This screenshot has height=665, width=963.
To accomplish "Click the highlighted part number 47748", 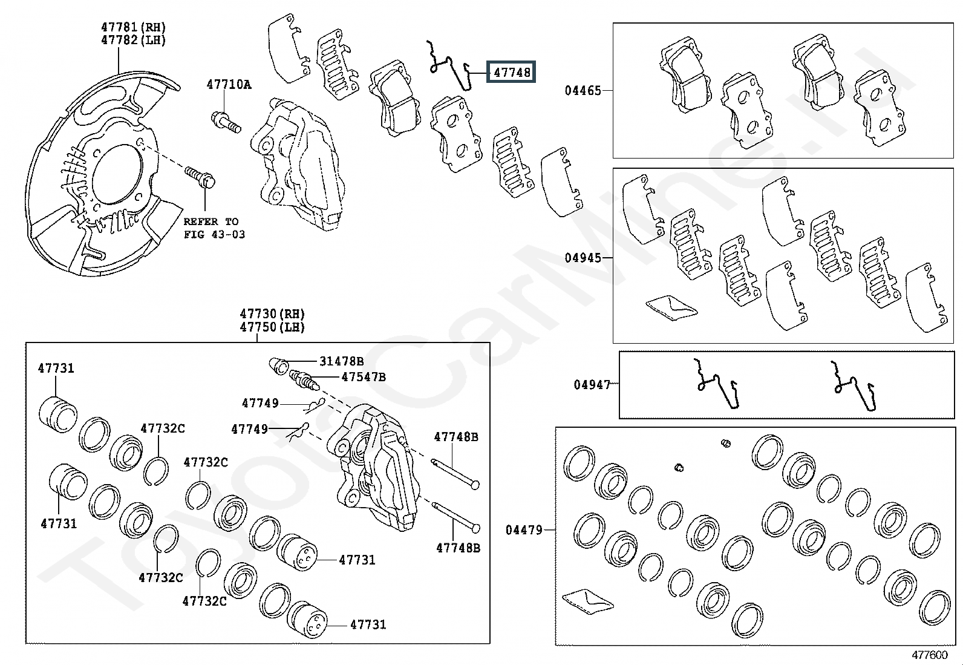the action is tap(512, 72).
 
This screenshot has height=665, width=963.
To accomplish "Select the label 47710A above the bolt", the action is tap(229, 84).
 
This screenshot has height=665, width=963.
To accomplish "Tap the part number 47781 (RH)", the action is tap(133, 27).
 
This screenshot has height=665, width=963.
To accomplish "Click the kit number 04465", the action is tap(583, 90).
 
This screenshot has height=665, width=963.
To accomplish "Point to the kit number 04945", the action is tap(583, 258).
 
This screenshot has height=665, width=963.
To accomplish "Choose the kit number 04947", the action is tap(592, 385).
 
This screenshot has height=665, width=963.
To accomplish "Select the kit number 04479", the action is tap(524, 530).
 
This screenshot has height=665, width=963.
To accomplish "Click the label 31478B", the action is tap(341, 361).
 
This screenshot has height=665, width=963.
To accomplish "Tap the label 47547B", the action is tap(364, 377).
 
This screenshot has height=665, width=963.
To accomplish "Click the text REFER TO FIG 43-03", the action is tap(214, 228).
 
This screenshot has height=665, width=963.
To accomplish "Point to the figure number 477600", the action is tap(930, 655).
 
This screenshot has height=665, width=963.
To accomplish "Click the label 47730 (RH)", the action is tap(272, 313).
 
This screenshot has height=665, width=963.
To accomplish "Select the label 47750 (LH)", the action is tap(272, 327).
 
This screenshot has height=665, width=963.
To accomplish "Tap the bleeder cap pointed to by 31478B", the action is tap(279, 365).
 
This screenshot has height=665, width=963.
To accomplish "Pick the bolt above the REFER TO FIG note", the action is tap(200, 177).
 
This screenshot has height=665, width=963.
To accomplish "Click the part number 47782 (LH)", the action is tap(133, 40).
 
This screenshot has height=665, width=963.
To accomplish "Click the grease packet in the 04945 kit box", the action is tap(671, 307).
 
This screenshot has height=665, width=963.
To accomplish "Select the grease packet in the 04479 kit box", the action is tap(588, 601).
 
